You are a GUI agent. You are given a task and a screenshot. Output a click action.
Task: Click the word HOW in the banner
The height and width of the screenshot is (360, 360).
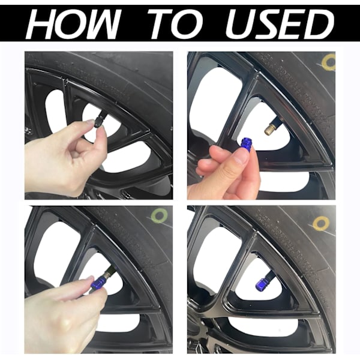(73, 23)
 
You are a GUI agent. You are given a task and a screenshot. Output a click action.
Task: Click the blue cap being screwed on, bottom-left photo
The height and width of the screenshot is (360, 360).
(97, 282)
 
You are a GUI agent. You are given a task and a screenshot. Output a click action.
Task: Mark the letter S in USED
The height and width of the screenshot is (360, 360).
(266, 23)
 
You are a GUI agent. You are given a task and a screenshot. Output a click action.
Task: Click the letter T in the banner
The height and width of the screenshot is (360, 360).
(160, 23)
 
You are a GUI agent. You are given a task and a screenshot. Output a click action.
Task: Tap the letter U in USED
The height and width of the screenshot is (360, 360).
(239, 23)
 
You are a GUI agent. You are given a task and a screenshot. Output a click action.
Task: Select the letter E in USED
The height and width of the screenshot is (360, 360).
(292, 23)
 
